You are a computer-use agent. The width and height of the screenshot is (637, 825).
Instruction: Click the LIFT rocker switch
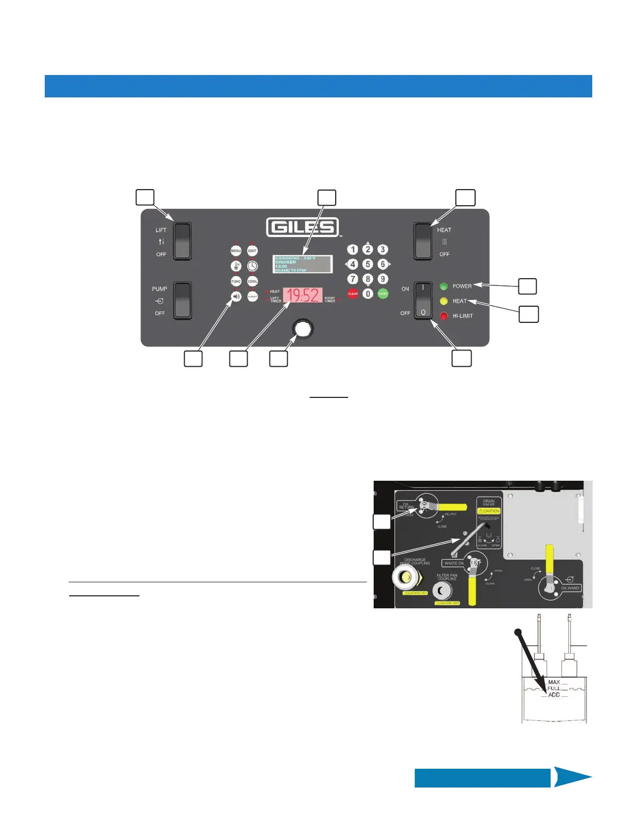tap(182, 241)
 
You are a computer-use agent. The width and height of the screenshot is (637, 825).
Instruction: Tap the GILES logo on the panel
tap(302, 228)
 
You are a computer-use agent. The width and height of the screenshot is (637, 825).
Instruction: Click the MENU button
tap(236, 251)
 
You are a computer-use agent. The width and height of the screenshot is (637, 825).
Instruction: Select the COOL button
tap(252, 281)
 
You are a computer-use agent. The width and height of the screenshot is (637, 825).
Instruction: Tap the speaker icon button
tap(236, 296)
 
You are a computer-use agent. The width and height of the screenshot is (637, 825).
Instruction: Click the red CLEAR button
tap(353, 294)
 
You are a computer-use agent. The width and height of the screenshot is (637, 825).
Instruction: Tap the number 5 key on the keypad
tap(367, 264)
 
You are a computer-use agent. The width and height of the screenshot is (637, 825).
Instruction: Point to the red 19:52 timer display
tap(302, 296)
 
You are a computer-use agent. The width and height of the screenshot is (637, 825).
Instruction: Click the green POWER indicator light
tap(444, 286)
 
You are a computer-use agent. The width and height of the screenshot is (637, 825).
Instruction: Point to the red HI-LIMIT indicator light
tap(444, 316)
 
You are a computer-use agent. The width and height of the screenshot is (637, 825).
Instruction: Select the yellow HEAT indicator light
tap(444, 301)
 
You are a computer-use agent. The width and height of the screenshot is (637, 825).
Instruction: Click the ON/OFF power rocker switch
tap(423, 300)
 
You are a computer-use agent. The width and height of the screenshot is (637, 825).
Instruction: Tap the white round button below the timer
tap(302, 329)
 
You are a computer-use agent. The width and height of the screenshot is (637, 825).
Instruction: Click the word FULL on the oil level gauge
tap(554, 688)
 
